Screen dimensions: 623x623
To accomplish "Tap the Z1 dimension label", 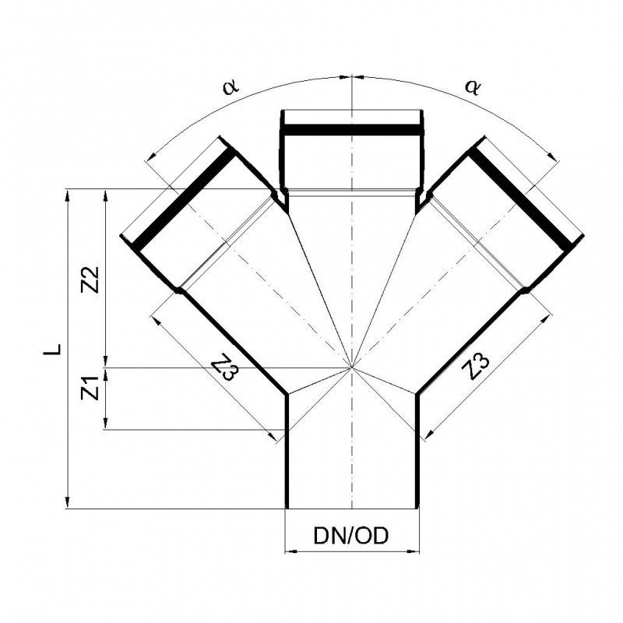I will click(x=90, y=387).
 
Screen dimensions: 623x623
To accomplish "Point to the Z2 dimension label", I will click(x=90, y=279).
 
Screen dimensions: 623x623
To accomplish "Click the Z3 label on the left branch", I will click(x=224, y=368).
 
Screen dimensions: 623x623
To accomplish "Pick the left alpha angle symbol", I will click(x=230, y=86).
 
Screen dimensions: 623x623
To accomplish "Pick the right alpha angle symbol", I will click(x=472, y=86).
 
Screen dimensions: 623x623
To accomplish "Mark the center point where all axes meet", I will click(x=352, y=367).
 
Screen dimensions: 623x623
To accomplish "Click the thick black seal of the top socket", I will click(x=352, y=128).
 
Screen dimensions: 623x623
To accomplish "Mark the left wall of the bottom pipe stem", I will click(x=287, y=452).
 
